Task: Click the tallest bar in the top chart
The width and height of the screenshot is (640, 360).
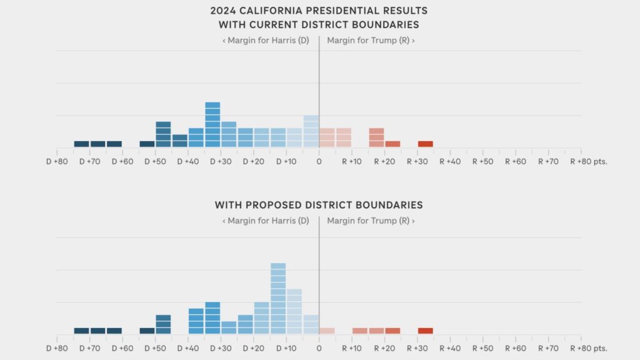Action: (x=212, y=125)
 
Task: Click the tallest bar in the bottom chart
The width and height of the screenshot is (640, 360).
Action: (x=278, y=299)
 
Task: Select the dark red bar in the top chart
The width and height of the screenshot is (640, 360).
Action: (x=425, y=144)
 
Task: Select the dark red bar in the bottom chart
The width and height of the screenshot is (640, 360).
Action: (x=425, y=331)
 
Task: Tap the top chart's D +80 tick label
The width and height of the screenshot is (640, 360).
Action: (x=57, y=161)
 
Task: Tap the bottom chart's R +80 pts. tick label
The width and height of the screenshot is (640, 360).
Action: (x=588, y=348)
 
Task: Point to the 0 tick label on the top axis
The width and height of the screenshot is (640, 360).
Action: (x=319, y=161)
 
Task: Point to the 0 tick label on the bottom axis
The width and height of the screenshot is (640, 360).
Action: (x=319, y=348)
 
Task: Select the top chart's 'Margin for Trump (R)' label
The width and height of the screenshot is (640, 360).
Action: (x=371, y=40)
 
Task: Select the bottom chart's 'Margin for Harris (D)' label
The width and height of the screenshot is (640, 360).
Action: (x=266, y=221)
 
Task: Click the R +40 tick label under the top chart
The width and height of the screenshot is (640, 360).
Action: (x=451, y=161)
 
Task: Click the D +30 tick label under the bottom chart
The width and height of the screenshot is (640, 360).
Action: (x=221, y=348)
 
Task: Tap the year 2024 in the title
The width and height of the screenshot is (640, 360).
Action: (x=226, y=11)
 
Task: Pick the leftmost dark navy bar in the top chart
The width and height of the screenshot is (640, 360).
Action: (x=82, y=144)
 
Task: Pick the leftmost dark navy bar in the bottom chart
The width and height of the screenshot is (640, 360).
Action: (x=82, y=331)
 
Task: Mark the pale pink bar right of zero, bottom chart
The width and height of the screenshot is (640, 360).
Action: (x=327, y=331)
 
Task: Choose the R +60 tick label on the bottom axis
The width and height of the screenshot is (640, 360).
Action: (x=516, y=348)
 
